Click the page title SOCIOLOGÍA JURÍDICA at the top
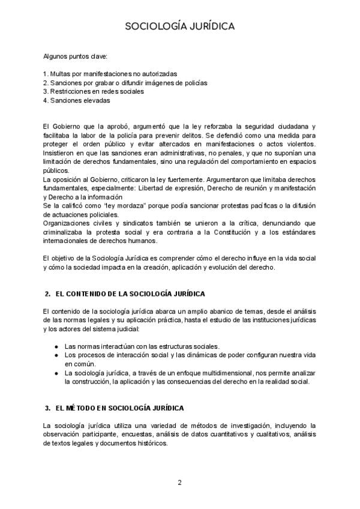click(x=180, y=26)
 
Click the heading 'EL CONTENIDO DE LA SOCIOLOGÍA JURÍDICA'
click(x=130, y=294)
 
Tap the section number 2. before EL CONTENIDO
click(x=47, y=294)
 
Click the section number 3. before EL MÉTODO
click(x=47, y=408)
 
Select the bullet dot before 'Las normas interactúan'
click(x=56, y=346)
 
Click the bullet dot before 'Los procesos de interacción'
click(x=56, y=355)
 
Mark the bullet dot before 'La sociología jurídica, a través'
click(x=56, y=373)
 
